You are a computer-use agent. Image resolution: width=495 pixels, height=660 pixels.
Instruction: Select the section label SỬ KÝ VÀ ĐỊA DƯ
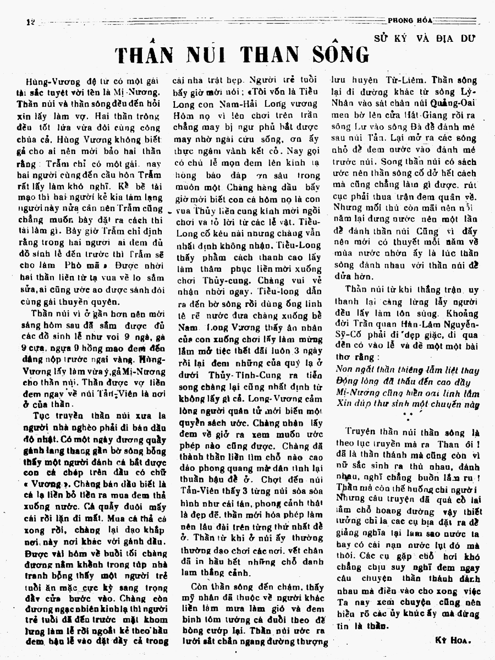[x=425, y=38]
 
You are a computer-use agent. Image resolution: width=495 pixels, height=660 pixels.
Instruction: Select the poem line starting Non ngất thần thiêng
[x=407, y=370]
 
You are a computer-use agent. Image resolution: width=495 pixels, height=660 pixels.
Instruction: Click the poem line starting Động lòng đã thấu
[x=403, y=382]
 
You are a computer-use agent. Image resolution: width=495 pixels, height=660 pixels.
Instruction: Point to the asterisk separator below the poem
[x=408, y=416]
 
